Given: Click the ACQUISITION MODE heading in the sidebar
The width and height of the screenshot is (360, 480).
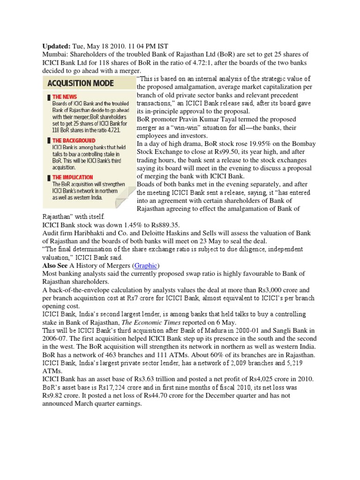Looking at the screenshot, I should coord(80,83).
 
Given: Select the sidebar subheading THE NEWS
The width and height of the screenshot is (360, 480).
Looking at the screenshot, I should coord(65,97).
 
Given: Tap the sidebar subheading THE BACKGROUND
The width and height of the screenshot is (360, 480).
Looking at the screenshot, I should coord(74,140).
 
